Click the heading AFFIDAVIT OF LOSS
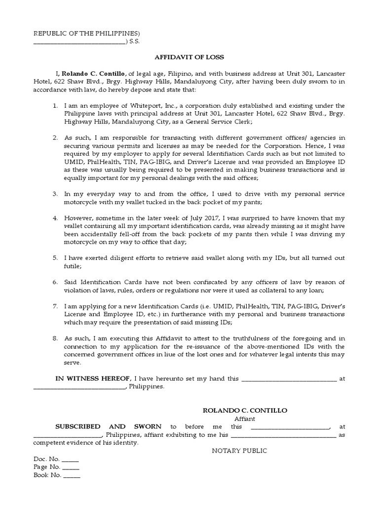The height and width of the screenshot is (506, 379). [189, 56]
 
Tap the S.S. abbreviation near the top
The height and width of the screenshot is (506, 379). [135, 42]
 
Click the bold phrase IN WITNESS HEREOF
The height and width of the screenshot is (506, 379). [92, 379]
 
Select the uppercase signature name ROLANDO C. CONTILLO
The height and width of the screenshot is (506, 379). [238, 411]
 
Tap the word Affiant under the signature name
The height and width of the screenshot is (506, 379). [238, 419]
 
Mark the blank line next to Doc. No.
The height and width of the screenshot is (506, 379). [71, 459]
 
